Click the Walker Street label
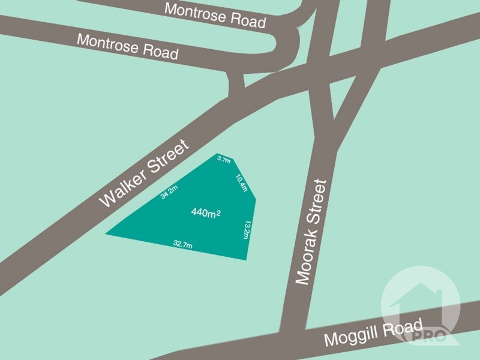143,173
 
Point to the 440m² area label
205,212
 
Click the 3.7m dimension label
224,160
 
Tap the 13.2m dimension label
247,230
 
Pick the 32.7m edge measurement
182,244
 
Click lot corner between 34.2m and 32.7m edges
106,233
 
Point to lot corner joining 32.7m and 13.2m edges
247,260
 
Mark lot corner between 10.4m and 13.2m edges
257,198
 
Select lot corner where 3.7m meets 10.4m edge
233,159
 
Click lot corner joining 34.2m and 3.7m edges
217,155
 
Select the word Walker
122,188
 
